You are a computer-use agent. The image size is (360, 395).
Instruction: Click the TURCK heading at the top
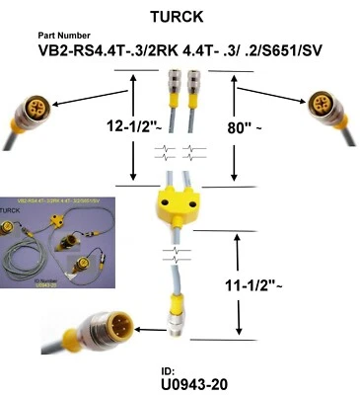(x=179, y=17)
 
